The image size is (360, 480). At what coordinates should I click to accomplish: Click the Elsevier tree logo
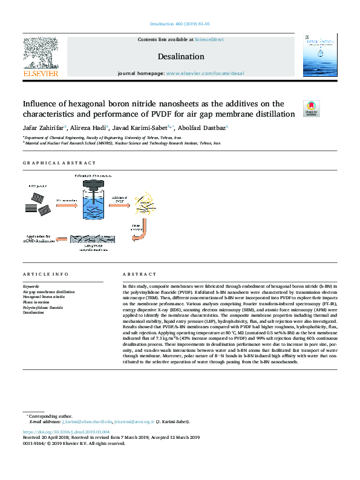pyautogui.click(x=41, y=53)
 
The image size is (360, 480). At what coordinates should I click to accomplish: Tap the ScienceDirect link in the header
pyautogui.click(x=209, y=39)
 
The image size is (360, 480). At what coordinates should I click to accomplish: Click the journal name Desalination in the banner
pyautogui.click(x=180, y=56)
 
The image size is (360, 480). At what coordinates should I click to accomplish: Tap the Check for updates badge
pyautogui.click(x=311, y=108)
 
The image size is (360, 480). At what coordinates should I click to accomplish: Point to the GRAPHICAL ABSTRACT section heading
pyautogui.click(x=59, y=163)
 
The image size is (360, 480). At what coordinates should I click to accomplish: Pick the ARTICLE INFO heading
pyautogui.click(x=45, y=274)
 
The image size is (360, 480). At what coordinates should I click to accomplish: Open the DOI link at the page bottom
pyautogui.click(x=66, y=432)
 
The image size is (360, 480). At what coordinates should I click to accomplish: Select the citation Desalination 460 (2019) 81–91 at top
pyautogui.click(x=180, y=24)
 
